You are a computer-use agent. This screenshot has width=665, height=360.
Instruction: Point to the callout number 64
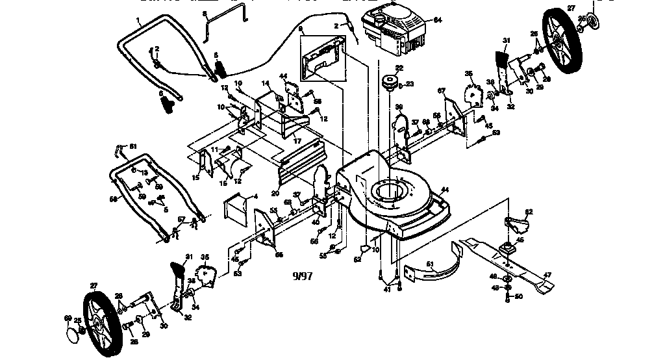(438, 20)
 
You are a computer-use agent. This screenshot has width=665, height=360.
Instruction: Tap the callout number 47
(547, 275)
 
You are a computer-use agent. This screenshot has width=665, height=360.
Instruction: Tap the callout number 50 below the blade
(518, 296)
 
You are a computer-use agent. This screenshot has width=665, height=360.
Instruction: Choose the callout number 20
(275, 193)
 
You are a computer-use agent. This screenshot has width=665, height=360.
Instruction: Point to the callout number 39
(399, 107)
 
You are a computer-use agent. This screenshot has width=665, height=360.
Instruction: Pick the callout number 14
(265, 84)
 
